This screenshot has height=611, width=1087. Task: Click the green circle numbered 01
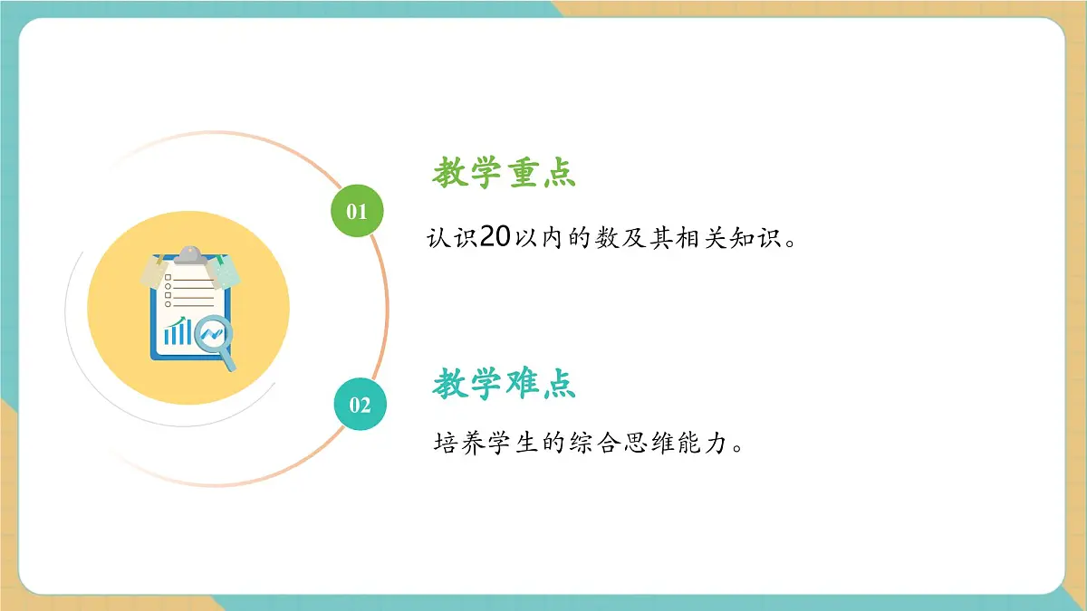pyautogui.click(x=358, y=211)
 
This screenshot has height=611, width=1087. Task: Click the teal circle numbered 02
pyautogui.click(x=360, y=404)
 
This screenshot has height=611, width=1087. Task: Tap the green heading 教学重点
pyautogui.click(x=505, y=172)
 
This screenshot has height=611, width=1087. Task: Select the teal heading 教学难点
pyautogui.click(x=505, y=385)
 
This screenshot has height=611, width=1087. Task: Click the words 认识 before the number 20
pyautogui.click(x=452, y=239)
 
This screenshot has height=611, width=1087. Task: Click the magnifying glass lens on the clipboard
pyautogui.click(x=213, y=335)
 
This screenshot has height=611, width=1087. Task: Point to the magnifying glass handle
pyautogui.click(x=229, y=362)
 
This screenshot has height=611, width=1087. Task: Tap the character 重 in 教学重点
pyautogui.click(x=524, y=172)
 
